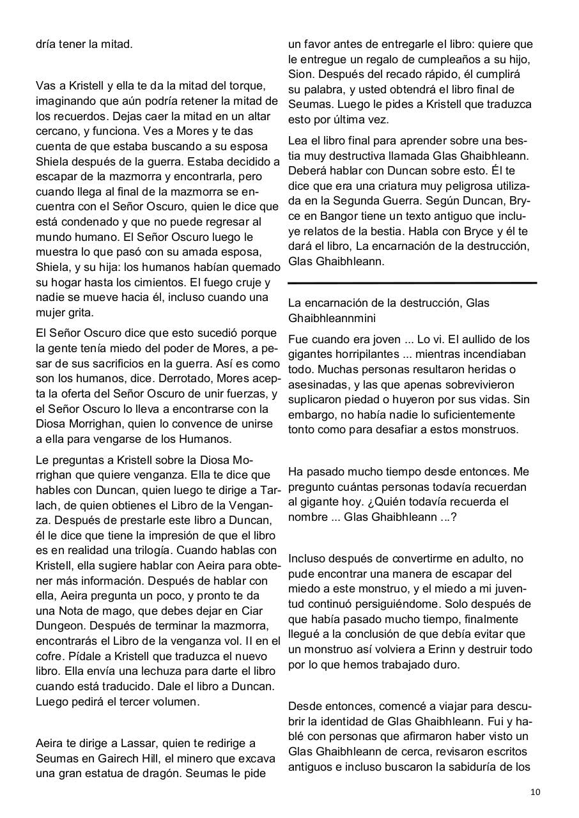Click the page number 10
[535, 792]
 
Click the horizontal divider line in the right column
[412, 282]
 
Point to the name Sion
[300, 74]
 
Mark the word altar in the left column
[258, 116]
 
